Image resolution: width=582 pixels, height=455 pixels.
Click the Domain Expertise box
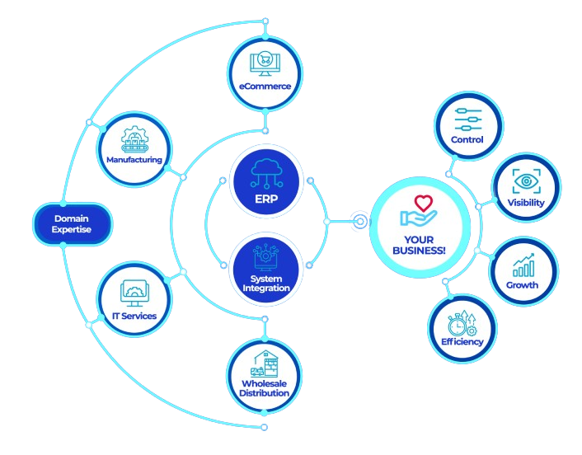[72, 223]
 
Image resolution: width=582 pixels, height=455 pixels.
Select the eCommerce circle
[265, 72]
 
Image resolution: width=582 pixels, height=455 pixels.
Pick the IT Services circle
[134, 302]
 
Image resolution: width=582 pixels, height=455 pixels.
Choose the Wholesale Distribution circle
[265, 374]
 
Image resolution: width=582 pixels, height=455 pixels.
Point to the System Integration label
[265, 284]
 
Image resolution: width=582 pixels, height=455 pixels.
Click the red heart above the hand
[423, 202]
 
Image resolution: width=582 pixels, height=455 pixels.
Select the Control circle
[467, 127]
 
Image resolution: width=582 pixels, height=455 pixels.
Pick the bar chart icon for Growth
[523, 265]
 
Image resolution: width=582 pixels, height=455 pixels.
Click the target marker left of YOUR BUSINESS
[359, 221]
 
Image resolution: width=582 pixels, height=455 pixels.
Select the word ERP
[265, 198]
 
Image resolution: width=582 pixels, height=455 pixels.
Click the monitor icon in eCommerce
[265, 63]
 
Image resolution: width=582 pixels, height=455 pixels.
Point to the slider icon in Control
[467, 119]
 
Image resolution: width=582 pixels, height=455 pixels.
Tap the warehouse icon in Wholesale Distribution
[265, 362]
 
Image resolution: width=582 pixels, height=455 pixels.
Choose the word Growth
[523, 285]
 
